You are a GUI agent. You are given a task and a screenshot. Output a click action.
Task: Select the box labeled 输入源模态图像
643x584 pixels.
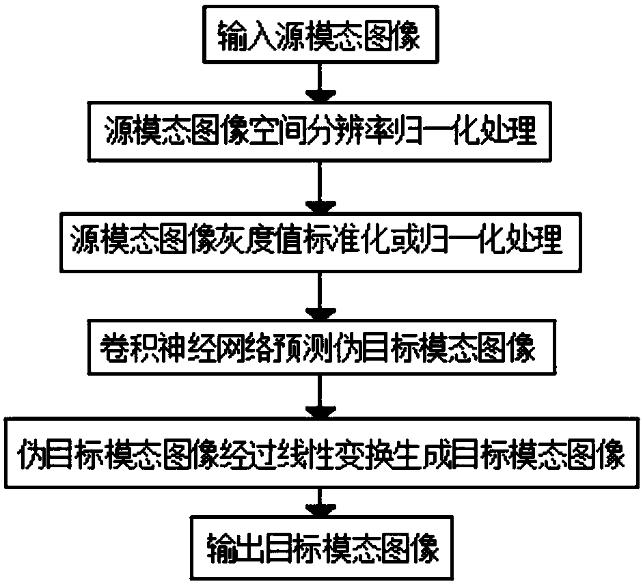pos(320,33)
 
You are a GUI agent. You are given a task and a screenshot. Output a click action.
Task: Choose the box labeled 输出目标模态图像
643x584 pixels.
pos(320,548)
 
